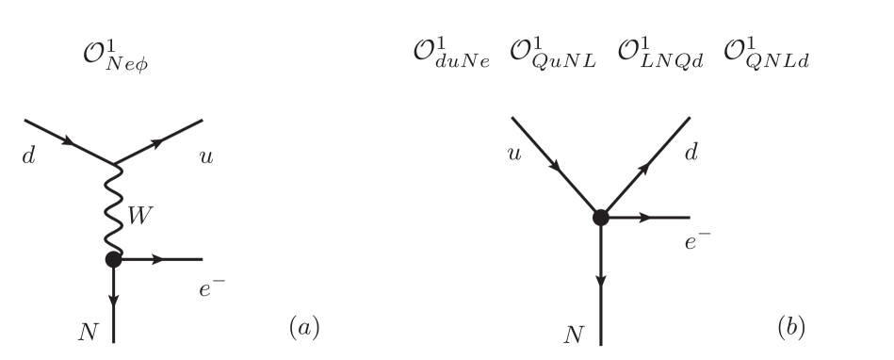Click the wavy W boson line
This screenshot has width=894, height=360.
[x=114, y=212]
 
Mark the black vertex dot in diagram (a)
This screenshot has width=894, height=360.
[x=113, y=258]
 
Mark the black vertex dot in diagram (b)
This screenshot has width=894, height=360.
[x=600, y=218]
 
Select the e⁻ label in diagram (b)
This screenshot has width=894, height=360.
[x=696, y=243]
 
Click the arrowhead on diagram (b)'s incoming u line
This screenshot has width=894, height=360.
[x=559, y=170]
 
